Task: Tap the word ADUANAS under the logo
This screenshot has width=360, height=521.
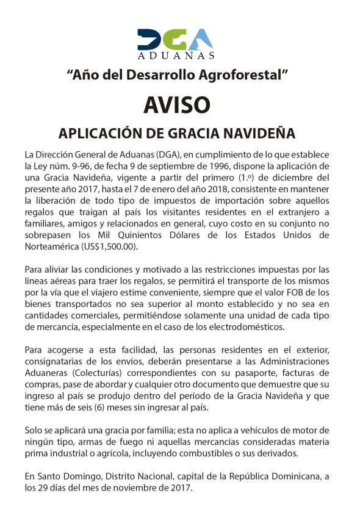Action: [176, 56]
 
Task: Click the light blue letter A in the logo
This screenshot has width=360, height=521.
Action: [201, 39]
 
